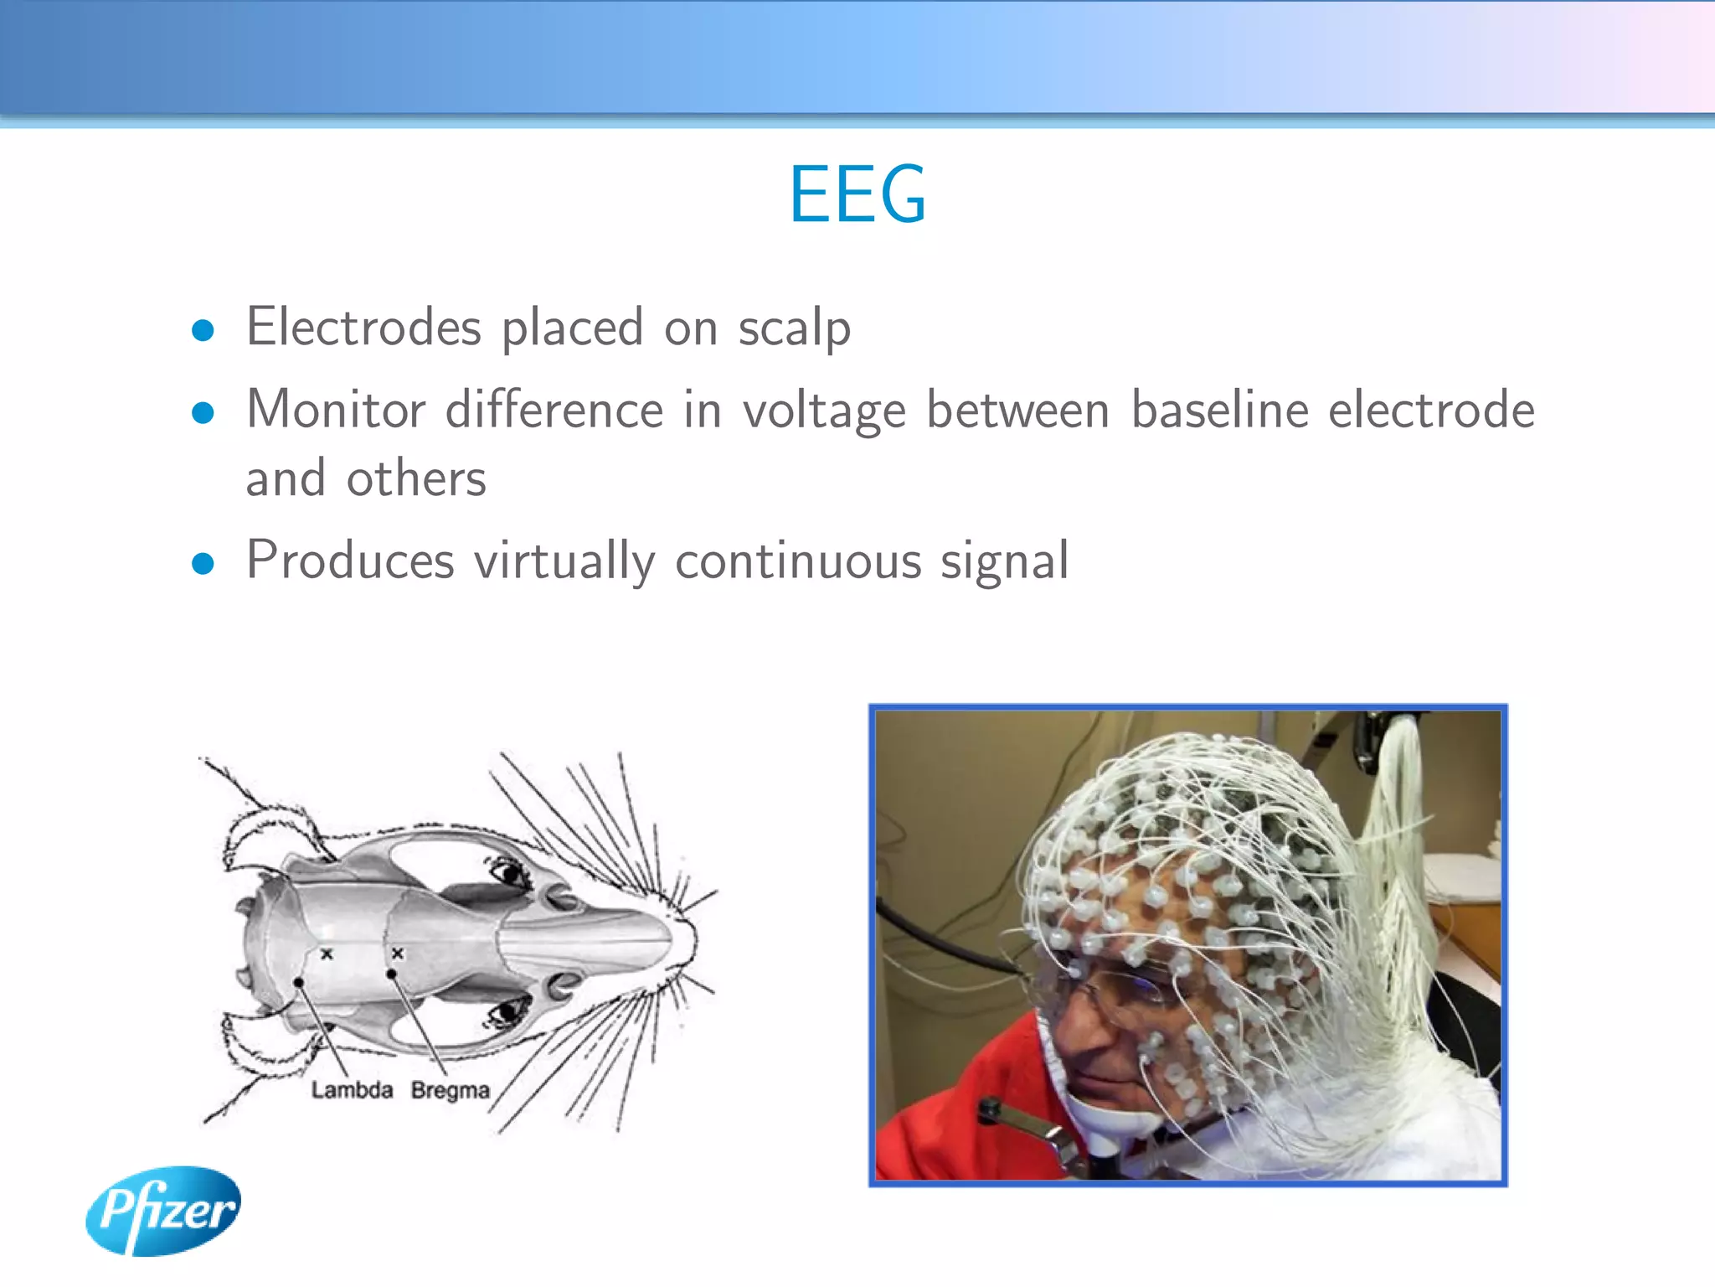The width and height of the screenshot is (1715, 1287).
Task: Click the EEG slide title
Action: click(x=857, y=195)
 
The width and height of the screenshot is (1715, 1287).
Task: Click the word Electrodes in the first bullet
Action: click(x=363, y=327)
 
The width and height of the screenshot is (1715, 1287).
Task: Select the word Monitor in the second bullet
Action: click(x=336, y=410)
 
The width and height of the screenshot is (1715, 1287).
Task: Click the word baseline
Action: click(x=1219, y=410)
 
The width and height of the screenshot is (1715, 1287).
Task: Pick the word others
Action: click(x=416, y=478)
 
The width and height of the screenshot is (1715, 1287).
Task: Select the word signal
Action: click(x=1004, y=561)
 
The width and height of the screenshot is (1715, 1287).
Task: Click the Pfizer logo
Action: click(x=164, y=1211)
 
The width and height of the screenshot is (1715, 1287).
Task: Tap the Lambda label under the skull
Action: click(x=352, y=1090)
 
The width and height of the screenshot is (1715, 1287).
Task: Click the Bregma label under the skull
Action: click(x=450, y=1090)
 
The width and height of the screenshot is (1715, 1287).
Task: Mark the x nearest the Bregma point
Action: click(x=398, y=954)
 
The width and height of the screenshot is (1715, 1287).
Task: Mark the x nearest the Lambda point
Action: click(x=327, y=954)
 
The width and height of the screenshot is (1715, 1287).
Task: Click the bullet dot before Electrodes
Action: click(x=203, y=330)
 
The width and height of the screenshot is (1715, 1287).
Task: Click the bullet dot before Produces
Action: click(x=203, y=563)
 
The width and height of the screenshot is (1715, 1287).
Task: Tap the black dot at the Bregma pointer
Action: click(x=391, y=974)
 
